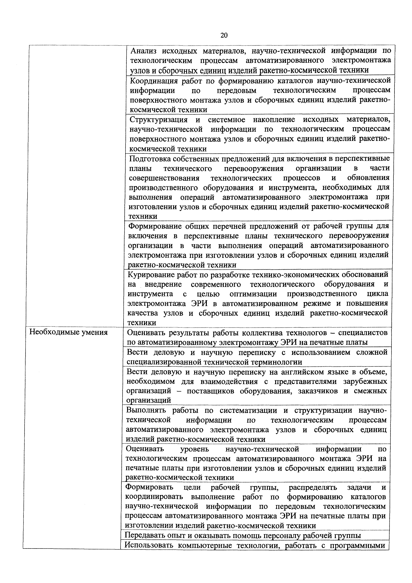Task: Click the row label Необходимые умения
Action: pyautogui.click(x=69, y=332)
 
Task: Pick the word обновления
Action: pyautogui.click(x=368, y=178)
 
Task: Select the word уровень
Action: pyautogui.click(x=194, y=449)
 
